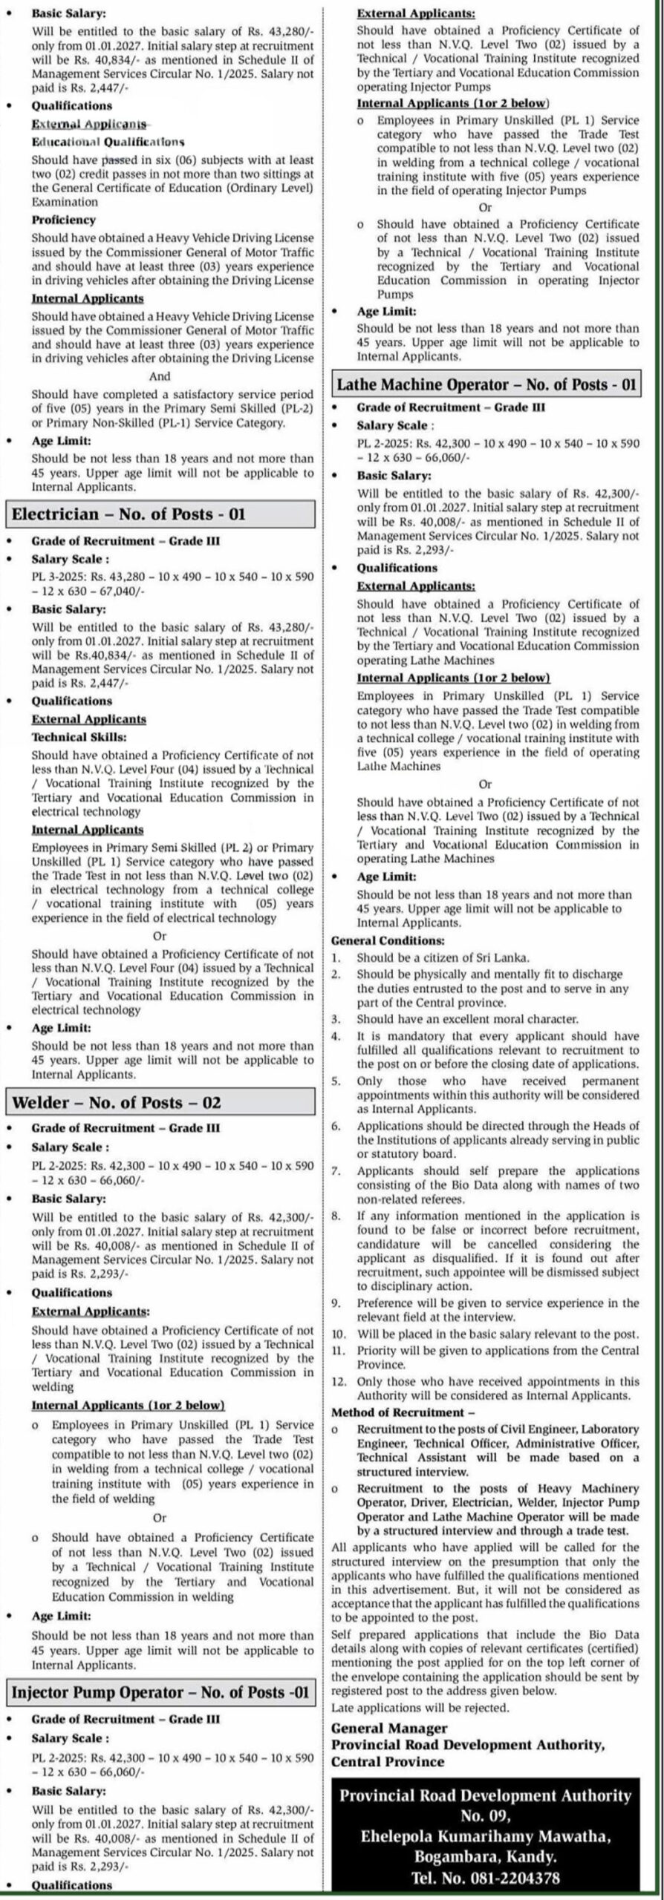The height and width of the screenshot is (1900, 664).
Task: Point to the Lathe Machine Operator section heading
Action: click(x=486, y=384)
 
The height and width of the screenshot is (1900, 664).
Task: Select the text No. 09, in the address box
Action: click(x=486, y=1810)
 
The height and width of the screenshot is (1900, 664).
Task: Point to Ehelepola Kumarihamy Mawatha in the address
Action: click(x=486, y=1831)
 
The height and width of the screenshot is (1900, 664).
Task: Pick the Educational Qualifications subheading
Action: click(x=108, y=141)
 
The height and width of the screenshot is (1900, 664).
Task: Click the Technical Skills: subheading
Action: click(x=79, y=737)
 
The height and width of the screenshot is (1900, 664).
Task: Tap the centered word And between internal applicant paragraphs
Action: click(x=160, y=376)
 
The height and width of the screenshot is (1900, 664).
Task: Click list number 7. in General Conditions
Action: click(x=336, y=1171)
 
